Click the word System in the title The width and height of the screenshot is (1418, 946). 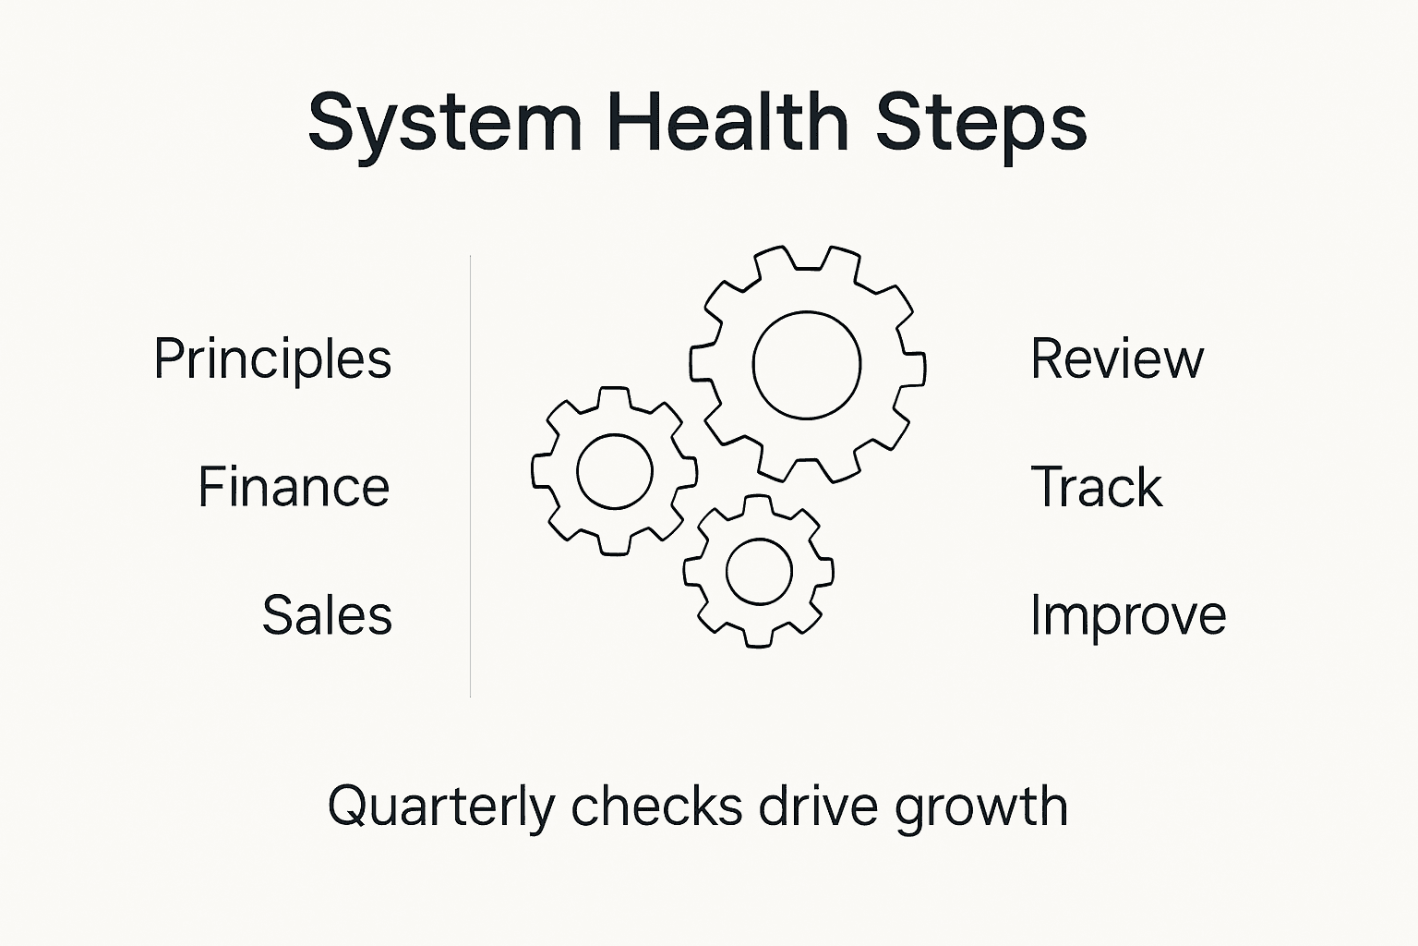pos(445,123)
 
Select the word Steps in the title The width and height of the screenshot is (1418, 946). pos(981,123)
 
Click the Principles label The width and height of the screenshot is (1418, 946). pos(272,359)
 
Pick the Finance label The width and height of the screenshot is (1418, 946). pos(294,487)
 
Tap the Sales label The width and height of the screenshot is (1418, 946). pos(327,615)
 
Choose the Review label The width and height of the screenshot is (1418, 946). pos(1117,358)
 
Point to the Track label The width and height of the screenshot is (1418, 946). pos(1096,487)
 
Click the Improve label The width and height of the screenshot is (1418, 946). pos(1128,616)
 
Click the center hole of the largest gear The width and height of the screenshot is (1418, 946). pos(807,365)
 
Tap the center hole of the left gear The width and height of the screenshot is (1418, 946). pos(614,471)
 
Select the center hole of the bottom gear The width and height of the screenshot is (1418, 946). pos(759,571)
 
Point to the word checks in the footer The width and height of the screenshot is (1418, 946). pos(657,806)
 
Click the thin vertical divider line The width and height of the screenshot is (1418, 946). pos(471,476)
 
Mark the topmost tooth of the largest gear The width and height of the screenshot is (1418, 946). pos(808,258)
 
